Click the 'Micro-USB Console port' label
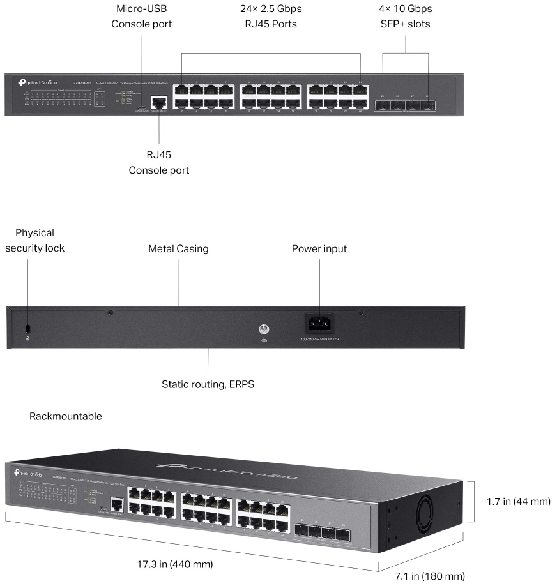click(141, 17)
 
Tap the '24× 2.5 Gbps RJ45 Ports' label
click(271, 17)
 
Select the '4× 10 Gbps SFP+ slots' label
click(405, 17)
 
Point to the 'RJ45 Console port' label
click(158, 163)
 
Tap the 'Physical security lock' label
click(34, 240)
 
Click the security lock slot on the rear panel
click(26, 327)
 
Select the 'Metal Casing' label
click(178, 249)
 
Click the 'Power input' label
click(319, 249)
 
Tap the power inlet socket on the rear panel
click(319, 322)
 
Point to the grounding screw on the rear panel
click(261, 329)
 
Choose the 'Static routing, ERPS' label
click(208, 384)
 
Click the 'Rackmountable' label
click(66, 416)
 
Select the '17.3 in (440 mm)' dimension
click(175, 565)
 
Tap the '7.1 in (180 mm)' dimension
click(429, 576)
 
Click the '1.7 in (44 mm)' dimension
click(514, 501)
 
